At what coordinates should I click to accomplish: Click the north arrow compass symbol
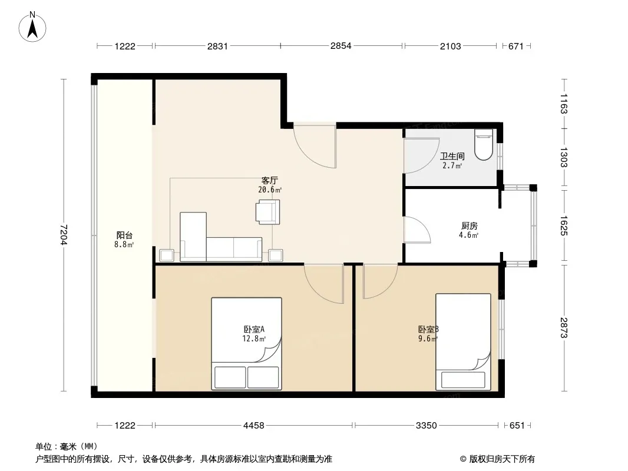(32, 27)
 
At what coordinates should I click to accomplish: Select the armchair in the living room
(267, 212)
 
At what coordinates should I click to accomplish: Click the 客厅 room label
(270, 181)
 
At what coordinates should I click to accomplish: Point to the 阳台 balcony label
(124, 235)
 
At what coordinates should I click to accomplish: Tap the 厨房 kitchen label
(469, 226)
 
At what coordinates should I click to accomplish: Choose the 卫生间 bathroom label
(452, 156)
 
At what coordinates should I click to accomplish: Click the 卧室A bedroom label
(254, 329)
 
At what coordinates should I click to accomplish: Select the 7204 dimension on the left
(64, 235)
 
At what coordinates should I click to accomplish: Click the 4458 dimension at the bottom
(253, 426)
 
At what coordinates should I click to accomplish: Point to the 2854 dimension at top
(341, 46)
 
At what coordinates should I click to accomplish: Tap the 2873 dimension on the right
(564, 327)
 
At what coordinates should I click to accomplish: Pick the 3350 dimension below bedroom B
(426, 426)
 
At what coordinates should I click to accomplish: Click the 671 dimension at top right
(516, 46)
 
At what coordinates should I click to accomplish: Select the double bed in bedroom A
(247, 343)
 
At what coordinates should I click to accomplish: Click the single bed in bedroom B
(464, 341)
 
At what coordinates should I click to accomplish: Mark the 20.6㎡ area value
(270, 190)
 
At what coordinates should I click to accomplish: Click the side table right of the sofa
(276, 256)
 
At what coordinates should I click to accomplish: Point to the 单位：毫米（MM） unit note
(67, 447)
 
